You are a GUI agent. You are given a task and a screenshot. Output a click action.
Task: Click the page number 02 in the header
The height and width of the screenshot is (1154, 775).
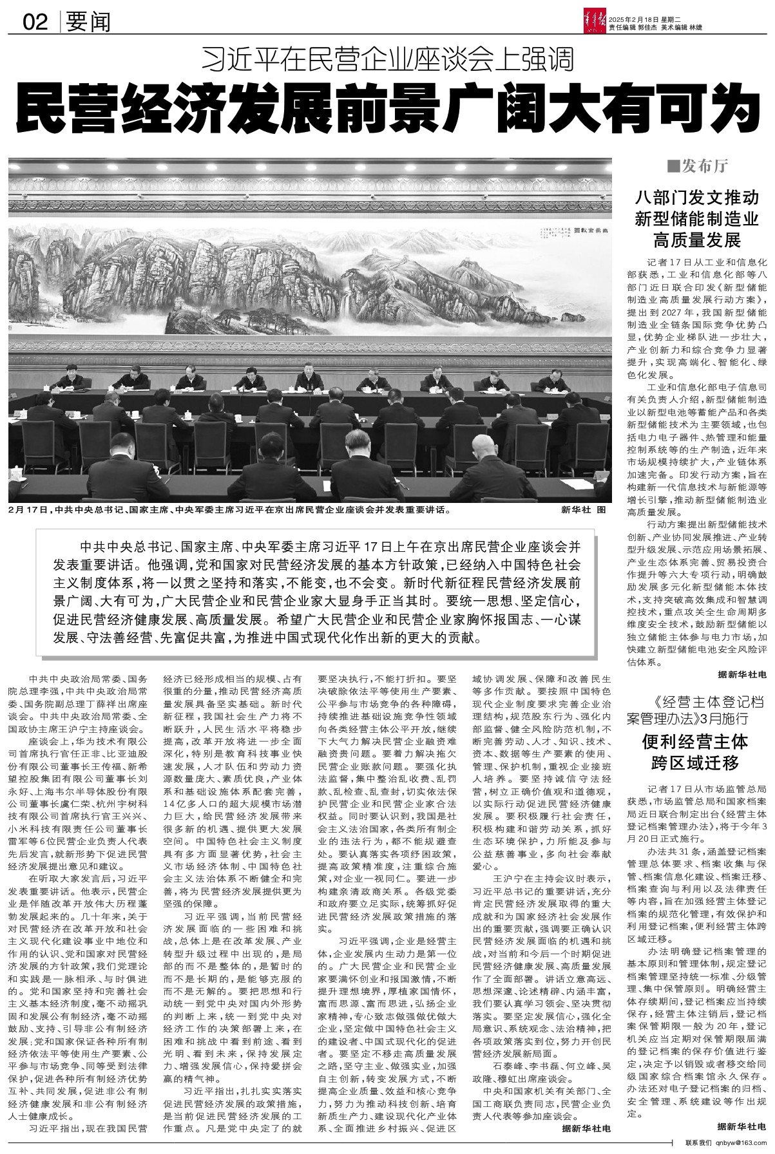coord(35,23)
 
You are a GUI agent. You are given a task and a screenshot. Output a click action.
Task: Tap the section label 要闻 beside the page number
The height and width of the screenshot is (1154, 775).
coord(88,23)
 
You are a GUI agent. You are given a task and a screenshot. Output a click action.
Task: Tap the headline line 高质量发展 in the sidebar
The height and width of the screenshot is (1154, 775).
coord(698,241)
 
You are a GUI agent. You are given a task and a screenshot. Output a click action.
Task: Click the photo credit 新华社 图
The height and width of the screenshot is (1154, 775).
coord(584,509)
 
